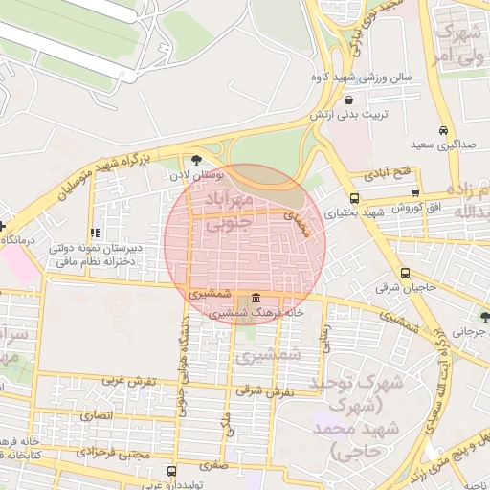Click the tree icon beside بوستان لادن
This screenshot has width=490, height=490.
pyautogui.click(x=196, y=160)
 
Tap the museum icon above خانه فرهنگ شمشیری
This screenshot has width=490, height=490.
pyautogui.click(x=255, y=298)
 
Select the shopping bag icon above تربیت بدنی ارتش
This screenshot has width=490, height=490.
pyautogui.click(x=349, y=99)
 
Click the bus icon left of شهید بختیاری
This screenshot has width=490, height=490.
pyautogui.click(x=327, y=197)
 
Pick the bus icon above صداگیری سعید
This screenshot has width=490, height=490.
pyautogui.click(x=442, y=130)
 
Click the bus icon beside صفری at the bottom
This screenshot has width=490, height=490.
pyautogui.click(x=171, y=471)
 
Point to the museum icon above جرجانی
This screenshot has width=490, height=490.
pyautogui.click(x=482, y=314)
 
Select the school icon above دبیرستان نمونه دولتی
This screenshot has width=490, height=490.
pyautogui.click(x=94, y=233)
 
